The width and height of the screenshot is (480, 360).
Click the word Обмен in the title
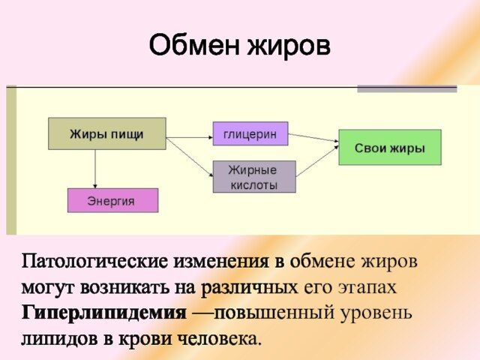(193, 46)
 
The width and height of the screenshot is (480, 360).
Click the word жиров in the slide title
(286, 46)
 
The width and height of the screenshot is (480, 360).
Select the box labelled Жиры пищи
(107, 133)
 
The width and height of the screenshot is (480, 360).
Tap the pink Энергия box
(112, 200)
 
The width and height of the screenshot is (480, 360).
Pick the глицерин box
(250, 133)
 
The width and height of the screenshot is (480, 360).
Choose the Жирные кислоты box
(254, 176)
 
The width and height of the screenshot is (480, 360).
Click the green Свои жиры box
(389, 148)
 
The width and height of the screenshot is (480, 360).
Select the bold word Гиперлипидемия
(103, 312)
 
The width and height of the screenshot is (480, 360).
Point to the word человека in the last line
(218, 337)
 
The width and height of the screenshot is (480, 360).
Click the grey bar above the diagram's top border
(406, 88)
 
